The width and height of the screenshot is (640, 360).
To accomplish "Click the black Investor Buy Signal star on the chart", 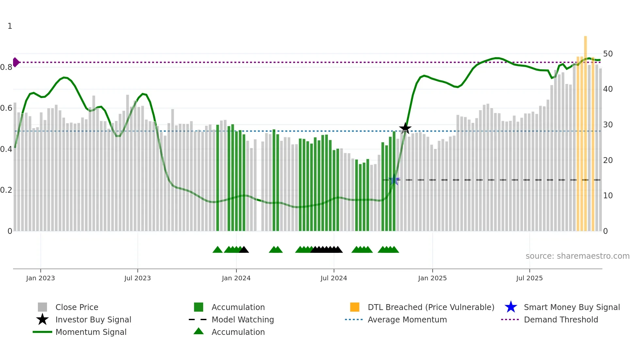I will point(405,128).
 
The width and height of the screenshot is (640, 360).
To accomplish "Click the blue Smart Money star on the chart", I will point(394,180).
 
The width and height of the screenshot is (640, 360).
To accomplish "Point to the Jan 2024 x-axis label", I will point(236,278).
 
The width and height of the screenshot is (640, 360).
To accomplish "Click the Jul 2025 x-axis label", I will point(529,278).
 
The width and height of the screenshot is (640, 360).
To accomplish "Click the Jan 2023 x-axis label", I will point(40,278).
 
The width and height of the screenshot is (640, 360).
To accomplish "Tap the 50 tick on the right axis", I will point(608,54).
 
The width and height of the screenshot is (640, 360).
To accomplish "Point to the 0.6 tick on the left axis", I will point(6,108).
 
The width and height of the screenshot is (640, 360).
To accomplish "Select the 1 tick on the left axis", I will point(10,26).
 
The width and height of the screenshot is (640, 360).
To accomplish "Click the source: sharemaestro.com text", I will point(577,256).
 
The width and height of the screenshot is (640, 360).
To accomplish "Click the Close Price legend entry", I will point(77,307).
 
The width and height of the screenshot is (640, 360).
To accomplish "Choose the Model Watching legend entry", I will point(243,319).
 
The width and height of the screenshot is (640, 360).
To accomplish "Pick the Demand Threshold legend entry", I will point(561,319).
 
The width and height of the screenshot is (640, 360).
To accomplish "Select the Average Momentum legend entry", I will point(407,319).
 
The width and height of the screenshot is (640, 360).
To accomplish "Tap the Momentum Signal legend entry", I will point(91,332).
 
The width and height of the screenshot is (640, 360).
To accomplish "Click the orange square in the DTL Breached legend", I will point(355,307).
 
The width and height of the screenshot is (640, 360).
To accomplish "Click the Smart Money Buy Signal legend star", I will point(511,307).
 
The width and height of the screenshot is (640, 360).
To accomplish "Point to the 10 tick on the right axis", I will point(608,196).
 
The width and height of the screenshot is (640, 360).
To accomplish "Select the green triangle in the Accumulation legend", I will point(199,331).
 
